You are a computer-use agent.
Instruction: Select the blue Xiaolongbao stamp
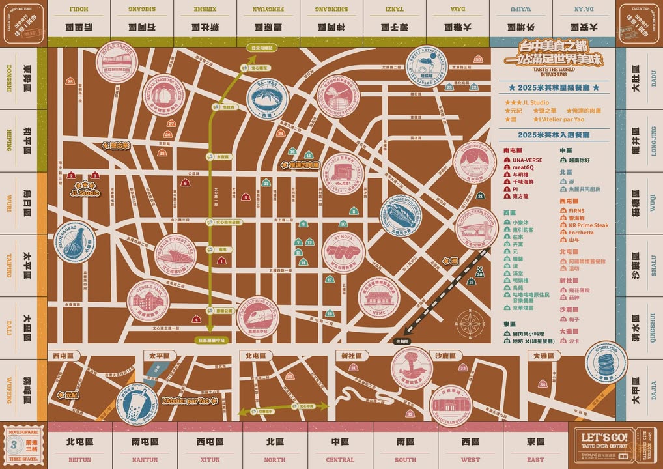(x=75, y=242)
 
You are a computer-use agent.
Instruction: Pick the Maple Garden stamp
(x=117, y=61)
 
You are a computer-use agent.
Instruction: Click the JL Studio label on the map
(x=85, y=193)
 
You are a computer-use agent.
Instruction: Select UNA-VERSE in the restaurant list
(x=526, y=160)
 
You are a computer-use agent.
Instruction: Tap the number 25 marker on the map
(x=70, y=81)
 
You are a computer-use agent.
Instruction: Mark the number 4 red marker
(x=196, y=319)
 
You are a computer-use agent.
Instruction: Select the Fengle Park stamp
(x=148, y=302)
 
